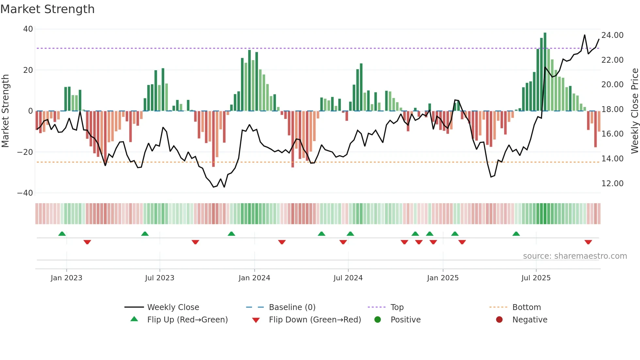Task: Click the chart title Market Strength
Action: click(47, 9)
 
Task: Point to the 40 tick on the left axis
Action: click(28, 29)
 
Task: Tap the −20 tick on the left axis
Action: click(25, 152)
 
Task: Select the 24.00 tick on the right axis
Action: click(612, 35)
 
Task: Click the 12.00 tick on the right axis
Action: click(612, 184)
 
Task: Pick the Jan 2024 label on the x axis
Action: click(254, 278)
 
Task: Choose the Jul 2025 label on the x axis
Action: click(536, 278)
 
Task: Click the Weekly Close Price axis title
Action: click(634, 111)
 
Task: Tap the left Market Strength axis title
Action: click(6, 111)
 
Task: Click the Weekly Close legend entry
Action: click(173, 307)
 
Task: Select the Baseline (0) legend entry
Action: click(292, 307)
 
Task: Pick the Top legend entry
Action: click(397, 307)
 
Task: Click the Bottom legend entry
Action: click(526, 307)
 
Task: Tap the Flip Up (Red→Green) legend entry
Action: click(187, 320)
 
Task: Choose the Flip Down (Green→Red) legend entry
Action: click(315, 320)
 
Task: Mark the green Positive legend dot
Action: click(378, 320)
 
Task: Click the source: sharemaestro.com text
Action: click(575, 256)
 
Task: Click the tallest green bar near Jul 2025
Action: click(545, 72)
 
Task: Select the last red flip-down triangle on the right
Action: click(588, 242)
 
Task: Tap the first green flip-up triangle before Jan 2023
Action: click(62, 234)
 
